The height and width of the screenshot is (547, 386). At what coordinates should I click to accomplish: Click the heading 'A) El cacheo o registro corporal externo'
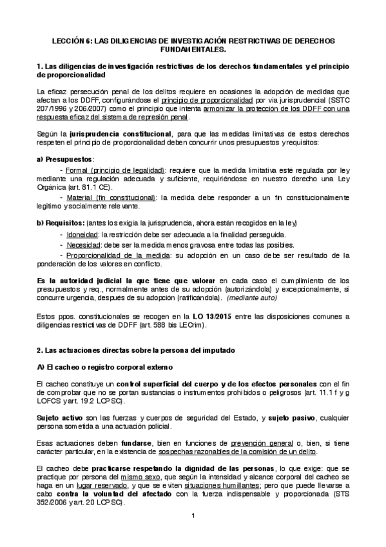[105, 367]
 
